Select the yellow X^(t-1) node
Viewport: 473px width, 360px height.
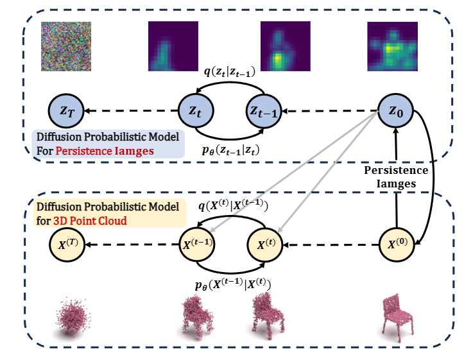click(x=196, y=244)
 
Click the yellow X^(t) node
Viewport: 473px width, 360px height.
click(x=264, y=244)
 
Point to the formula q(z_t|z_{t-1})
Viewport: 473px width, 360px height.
click(x=229, y=73)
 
